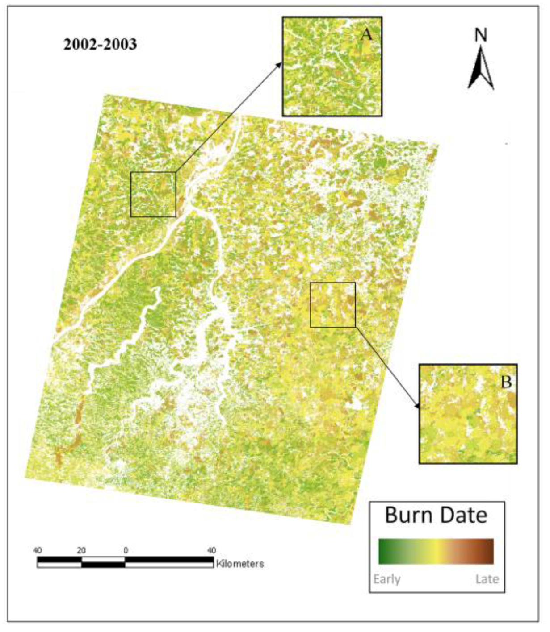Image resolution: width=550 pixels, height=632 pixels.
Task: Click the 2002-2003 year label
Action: coord(100,44)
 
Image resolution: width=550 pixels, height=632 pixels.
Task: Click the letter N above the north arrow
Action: coord(481,35)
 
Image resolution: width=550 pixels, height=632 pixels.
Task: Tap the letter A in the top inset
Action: coord(366,34)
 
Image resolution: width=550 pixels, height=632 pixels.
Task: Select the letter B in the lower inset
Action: coord(506,382)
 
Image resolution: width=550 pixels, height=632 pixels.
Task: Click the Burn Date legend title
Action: coord(436,515)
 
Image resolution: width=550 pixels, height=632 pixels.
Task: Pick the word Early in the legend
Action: coord(387,579)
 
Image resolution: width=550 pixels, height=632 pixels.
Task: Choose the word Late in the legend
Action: coord(487,579)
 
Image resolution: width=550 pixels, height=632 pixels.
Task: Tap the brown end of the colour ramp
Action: coord(490,551)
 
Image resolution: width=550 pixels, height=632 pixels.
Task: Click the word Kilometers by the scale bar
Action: coord(240,564)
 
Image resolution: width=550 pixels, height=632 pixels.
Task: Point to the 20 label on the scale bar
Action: coord(81,550)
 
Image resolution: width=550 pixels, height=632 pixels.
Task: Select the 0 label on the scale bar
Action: coord(126,550)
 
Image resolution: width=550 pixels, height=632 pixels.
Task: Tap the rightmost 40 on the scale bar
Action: coord(212,550)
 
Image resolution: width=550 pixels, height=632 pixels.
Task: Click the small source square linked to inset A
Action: coord(153,195)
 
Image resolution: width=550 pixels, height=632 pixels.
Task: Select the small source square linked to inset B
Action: coord(333,305)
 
